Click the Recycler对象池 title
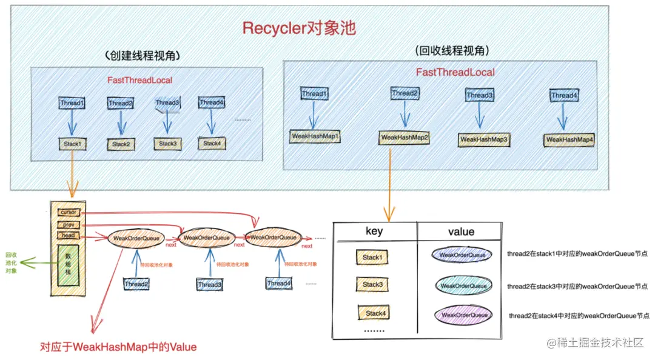pyautogui.click(x=300, y=28)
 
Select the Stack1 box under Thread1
pyautogui.click(x=72, y=144)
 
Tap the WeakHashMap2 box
pyautogui.click(x=405, y=138)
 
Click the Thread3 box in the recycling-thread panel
pyautogui.click(x=479, y=95)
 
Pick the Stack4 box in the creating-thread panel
pyautogui.click(x=212, y=144)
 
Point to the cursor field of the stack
pyautogui.click(x=68, y=212)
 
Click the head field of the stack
pyautogui.click(x=68, y=235)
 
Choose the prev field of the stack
pyautogui.click(x=68, y=224)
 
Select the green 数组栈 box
pyautogui.click(x=69, y=265)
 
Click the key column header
pyautogui.click(x=374, y=232)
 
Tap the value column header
pyautogui.click(x=461, y=232)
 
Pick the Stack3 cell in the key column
pyautogui.click(x=372, y=284)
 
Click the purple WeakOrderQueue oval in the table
pyautogui.click(x=464, y=315)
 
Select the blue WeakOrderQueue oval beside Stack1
pyautogui.click(x=463, y=255)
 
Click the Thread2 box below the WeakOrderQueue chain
pyautogui.click(x=136, y=284)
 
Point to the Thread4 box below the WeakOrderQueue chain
pyautogui.click(x=279, y=283)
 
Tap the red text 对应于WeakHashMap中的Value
pyautogui.click(x=118, y=347)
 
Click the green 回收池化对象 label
pyautogui.click(x=11, y=262)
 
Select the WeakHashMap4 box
pyautogui.click(x=569, y=140)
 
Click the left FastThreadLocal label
pyautogui.click(x=139, y=80)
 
